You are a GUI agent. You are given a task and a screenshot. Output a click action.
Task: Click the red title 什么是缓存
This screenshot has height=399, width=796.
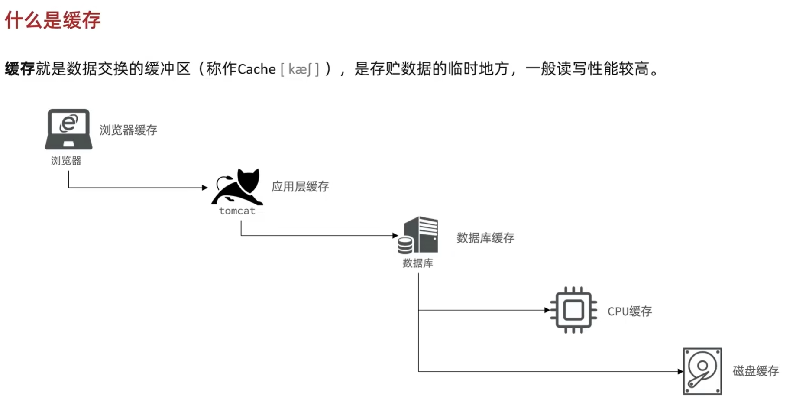(x=52, y=20)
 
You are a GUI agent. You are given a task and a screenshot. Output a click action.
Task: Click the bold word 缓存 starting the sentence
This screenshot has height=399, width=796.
(x=19, y=69)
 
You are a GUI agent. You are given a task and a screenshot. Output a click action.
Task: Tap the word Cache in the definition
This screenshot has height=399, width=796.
(x=256, y=69)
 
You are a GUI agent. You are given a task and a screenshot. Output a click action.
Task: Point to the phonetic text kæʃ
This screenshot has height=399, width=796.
(x=300, y=69)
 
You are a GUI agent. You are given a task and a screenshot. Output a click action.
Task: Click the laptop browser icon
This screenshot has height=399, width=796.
(x=68, y=129)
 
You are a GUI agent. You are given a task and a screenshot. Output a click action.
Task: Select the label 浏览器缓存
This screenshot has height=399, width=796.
(x=128, y=130)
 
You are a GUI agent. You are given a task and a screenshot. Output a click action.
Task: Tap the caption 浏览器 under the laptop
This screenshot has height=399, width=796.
(x=66, y=161)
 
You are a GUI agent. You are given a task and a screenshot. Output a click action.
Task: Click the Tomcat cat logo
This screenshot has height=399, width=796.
(x=237, y=187)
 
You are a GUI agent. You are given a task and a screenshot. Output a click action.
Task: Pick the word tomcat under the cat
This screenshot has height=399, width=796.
(x=237, y=211)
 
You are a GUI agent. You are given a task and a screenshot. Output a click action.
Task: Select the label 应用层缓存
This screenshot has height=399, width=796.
(x=300, y=187)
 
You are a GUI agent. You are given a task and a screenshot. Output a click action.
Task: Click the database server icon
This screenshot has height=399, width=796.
(x=418, y=235)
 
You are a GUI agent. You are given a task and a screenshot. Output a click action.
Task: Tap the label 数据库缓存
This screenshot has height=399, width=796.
(x=485, y=238)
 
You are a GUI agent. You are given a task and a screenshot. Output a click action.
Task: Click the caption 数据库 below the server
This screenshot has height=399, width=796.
(x=417, y=263)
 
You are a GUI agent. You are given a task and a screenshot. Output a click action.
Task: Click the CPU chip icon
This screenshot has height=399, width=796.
(x=573, y=310)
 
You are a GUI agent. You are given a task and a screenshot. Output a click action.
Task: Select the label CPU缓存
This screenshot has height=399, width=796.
(x=629, y=311)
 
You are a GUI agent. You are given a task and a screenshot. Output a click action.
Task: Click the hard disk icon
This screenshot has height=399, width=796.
(x=702, y=371)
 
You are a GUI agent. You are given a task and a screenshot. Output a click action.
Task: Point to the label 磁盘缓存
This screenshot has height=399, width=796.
(x=755, y=371)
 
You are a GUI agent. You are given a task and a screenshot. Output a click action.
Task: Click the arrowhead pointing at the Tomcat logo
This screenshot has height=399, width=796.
(x=205, y=188)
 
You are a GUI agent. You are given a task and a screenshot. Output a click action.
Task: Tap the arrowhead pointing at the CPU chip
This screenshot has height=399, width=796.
(x=547, y=310)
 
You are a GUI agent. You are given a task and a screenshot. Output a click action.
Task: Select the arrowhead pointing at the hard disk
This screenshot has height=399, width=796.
(x=680, y=371)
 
